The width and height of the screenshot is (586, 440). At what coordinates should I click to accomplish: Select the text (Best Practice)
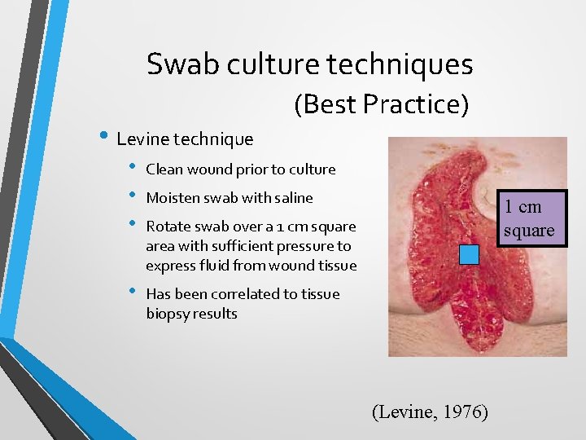[381, 104]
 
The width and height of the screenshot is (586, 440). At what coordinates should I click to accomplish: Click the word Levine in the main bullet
[142, 139]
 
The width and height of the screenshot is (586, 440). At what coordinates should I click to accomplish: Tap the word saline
[294, 198]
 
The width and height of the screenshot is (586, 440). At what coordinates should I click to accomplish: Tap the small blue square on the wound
[470, 255]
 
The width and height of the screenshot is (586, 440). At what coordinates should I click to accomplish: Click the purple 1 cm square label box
[528, 218]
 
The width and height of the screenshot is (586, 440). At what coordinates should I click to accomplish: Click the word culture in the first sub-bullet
[313, 169]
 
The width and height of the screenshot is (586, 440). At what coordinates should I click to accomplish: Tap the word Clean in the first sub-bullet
[164, 169]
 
